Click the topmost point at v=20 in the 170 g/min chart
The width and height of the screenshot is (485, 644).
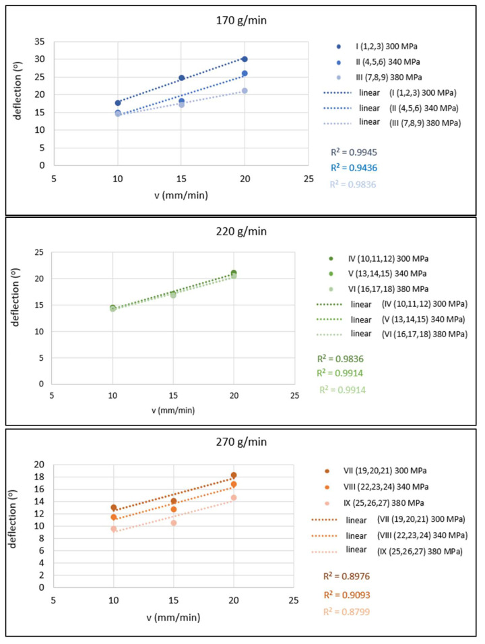(x=245, y=59)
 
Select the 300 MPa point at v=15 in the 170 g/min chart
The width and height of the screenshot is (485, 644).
(x=181, y=78)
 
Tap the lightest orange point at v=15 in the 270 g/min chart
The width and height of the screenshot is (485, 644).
(x=174, y=523)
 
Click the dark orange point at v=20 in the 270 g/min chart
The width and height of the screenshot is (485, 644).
(x=234, y=475)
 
